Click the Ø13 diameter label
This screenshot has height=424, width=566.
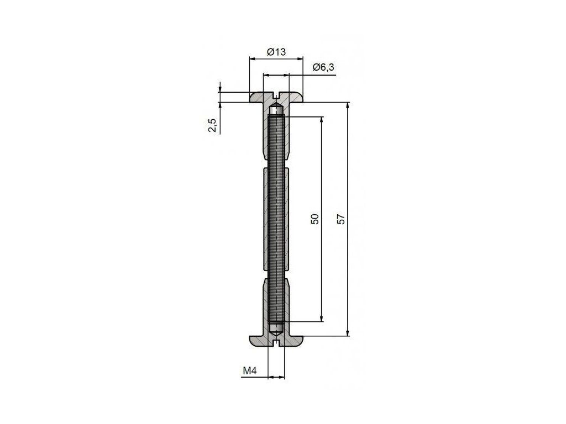pyautogui.click(x=276, y=52)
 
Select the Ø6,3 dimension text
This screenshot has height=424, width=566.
pyautogui.click(x=324, y=67)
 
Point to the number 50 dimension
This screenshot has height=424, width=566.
pyautogui.click(x=315, y=219)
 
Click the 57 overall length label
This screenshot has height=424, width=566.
pyautogui.click(x=341, y=219)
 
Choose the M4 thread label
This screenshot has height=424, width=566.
pyautogui.click(x=249, y=370)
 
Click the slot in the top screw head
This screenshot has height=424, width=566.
pyautogui.click(x=276, y=96)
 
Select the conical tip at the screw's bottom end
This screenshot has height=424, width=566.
pyautogui.click(x=276, y=331)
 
